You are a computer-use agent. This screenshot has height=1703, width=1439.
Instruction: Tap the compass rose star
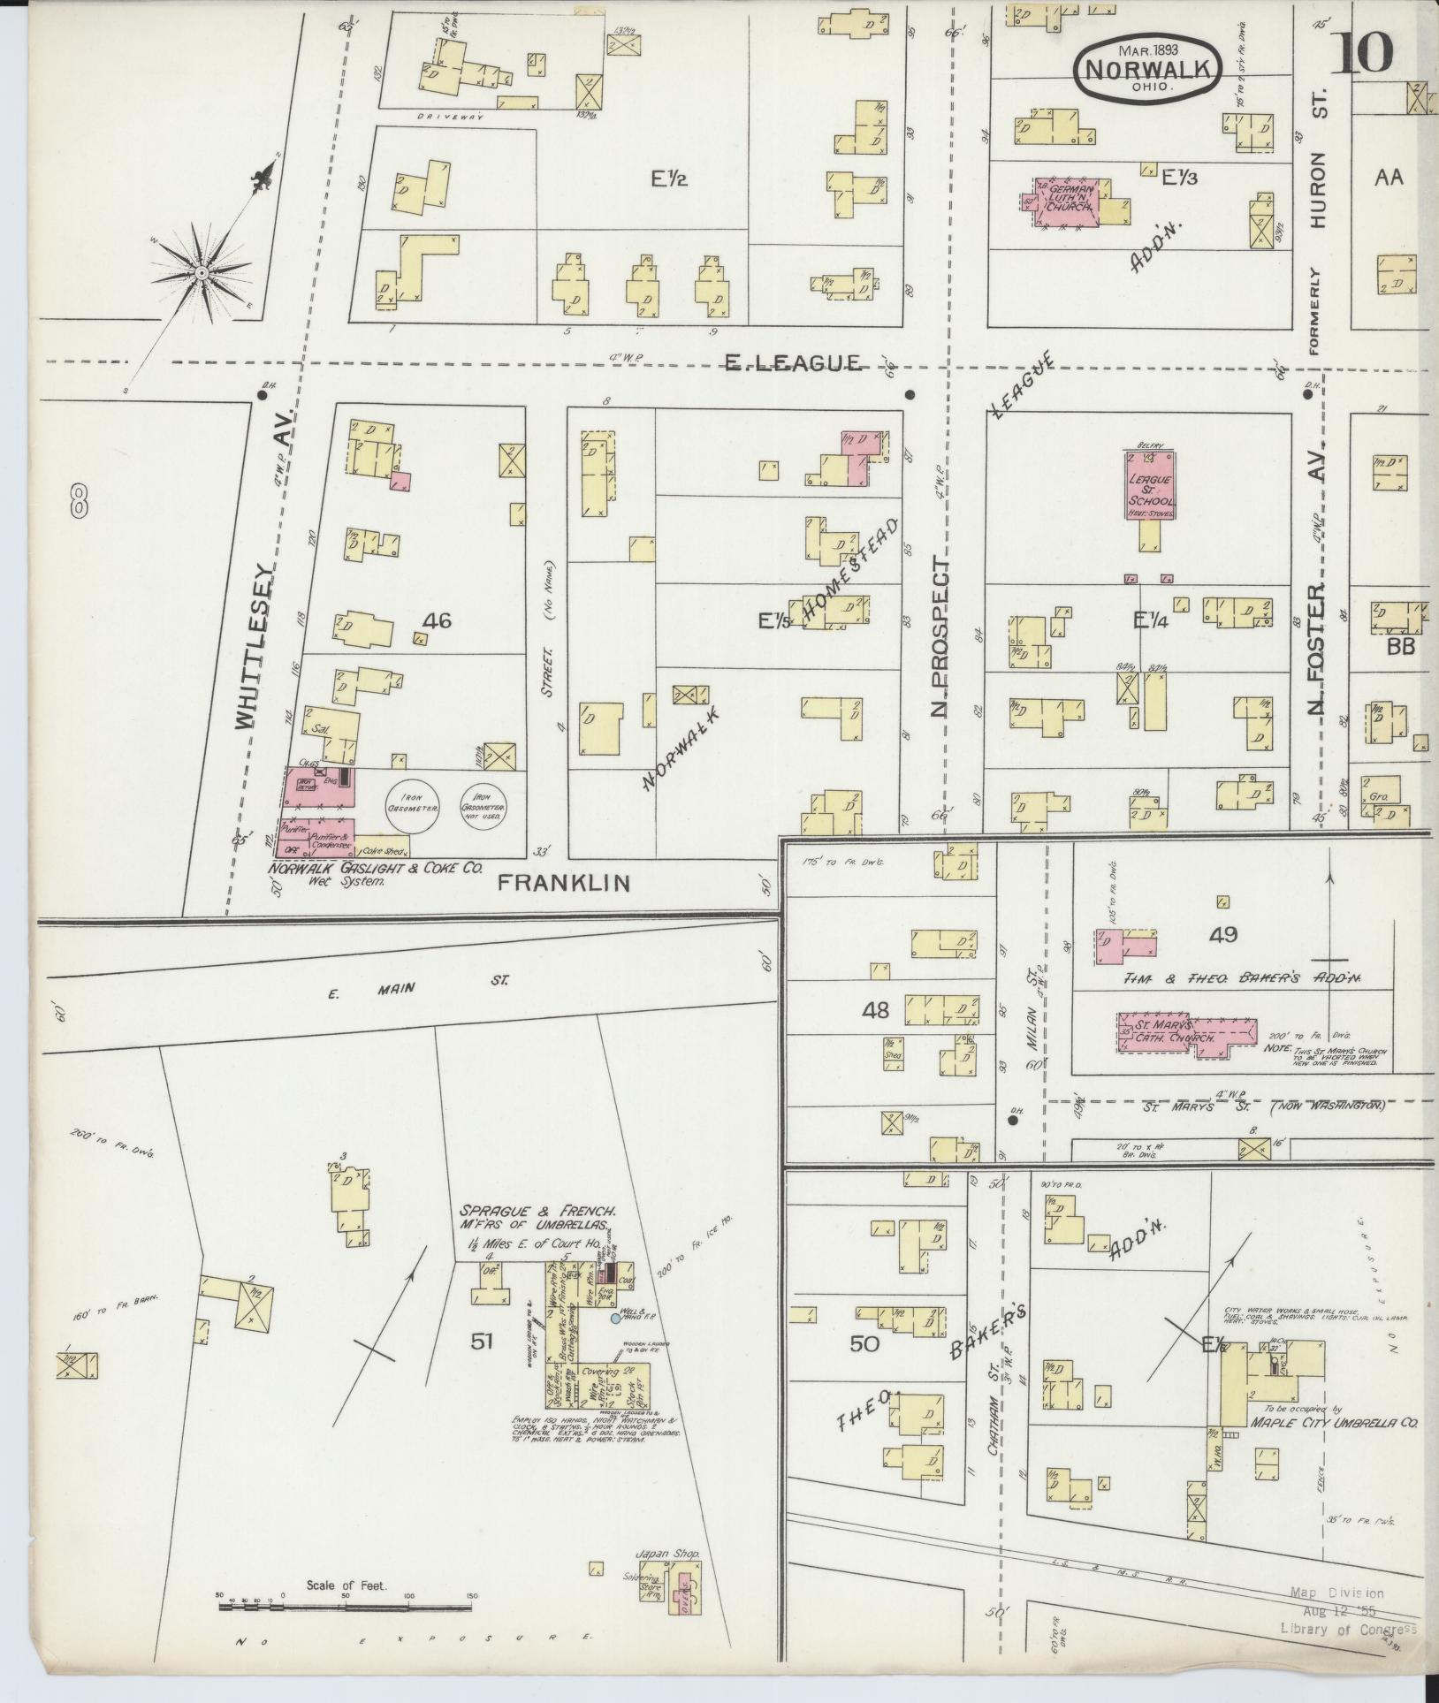(x=202, y=273)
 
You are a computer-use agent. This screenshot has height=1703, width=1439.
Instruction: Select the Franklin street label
(x=563, y=881)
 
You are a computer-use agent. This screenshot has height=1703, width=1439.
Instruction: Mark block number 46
(x=437, y=621)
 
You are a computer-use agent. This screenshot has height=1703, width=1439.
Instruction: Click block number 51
(x=481, y=1367)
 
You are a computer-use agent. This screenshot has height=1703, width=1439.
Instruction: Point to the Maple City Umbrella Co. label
(x=1334, y=1423)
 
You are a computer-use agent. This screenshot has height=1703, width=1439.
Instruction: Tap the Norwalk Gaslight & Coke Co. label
(x=377, y=869)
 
